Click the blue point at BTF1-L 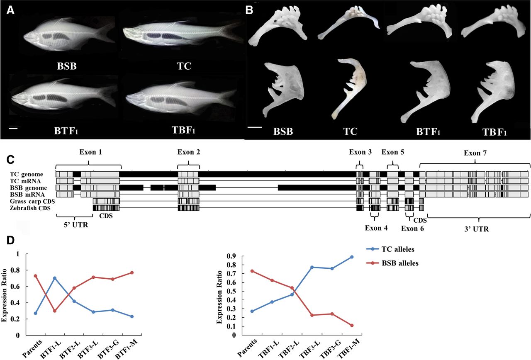point(55,278)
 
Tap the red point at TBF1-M point(352,325)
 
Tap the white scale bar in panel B point(255,127)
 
